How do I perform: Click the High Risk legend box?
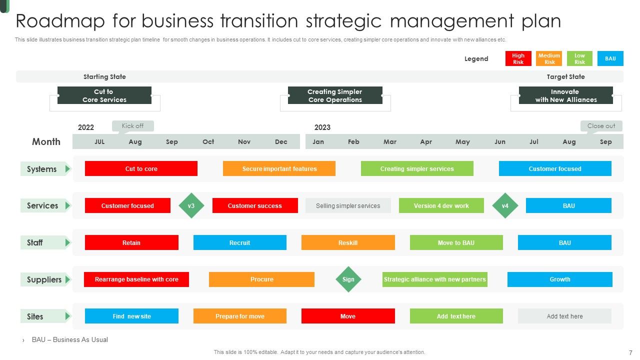coord(518,58)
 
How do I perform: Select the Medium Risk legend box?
coord(549,58)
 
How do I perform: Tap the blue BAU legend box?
coord(610,58)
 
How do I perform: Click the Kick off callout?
coord(132,126)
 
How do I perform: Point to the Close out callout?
coord(601,126)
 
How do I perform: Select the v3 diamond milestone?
coord(191,205)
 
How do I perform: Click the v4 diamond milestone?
coord(505,205)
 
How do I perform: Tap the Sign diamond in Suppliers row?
coord(348,279)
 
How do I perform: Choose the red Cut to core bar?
coord(141,168)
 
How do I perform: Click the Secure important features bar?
coord(279,168)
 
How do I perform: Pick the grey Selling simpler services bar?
coord(348,205)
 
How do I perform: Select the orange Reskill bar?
coord(348,242)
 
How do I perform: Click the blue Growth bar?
coord(559,279)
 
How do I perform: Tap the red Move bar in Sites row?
coord(348,316)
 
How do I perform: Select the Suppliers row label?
coord(44,279)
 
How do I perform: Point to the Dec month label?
coord(281,142)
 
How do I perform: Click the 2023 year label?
coord(322,127)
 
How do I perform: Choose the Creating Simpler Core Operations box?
coord(335,95)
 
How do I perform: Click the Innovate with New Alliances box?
coord(565,95)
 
